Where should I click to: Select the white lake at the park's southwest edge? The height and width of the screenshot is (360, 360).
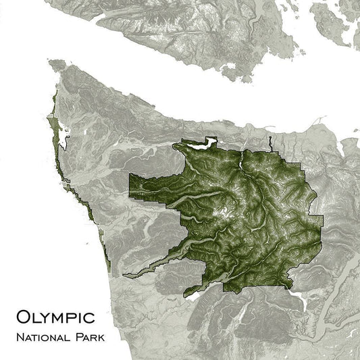[x=192, y=294]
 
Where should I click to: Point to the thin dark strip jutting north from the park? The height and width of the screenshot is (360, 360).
[x=269, y=143]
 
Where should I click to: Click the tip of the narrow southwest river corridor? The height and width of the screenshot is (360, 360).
[x=126, y=274]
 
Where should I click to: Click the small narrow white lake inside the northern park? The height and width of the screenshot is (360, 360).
[x=241, y=164]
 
